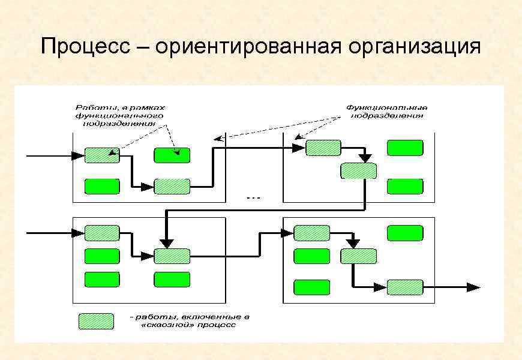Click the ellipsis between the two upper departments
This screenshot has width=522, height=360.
coord(253,197)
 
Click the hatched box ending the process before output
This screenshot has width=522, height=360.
coord(405,287)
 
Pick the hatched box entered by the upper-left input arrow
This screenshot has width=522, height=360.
coord(102,155)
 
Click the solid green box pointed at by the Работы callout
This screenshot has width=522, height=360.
coord(172,155)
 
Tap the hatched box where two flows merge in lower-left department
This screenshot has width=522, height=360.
coord(172,256)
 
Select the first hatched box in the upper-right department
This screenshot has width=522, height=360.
coord(323,148)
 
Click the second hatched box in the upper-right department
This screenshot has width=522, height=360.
coord(359,171)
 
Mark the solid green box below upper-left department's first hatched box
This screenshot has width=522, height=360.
coord(102,187)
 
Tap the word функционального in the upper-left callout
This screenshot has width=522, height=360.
coord(120,116)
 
